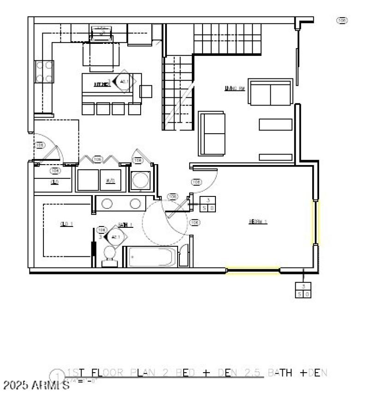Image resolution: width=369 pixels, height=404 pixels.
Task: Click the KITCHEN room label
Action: tap(101, 84)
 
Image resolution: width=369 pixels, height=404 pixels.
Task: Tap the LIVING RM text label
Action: tap(234, 89)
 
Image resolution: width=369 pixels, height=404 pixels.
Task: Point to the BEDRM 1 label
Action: tap(258, 221)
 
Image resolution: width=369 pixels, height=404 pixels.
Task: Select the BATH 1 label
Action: tap(125, 225)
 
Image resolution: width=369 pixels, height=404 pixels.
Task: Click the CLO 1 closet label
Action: tap(67, 225)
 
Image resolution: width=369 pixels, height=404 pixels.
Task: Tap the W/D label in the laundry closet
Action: tap(110, 181)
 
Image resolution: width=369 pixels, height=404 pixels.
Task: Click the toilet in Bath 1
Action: tap(110, 255)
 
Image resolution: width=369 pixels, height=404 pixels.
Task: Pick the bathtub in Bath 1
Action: tap(151, 256)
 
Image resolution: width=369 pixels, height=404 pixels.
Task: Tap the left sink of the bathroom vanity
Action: tap(107, 203)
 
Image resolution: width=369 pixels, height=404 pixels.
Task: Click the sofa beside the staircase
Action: tap(212, 133)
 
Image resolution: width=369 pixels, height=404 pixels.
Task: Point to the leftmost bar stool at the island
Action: tap(88, 108)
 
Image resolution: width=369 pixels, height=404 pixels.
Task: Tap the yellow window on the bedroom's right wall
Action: tap(316, 222)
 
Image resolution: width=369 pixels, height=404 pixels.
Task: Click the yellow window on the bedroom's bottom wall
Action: tap(253, 271)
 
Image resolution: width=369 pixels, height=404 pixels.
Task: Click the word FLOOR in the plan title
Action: tap(109, 373)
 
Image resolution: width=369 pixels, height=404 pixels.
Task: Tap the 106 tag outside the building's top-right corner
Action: tap(342, 20)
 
